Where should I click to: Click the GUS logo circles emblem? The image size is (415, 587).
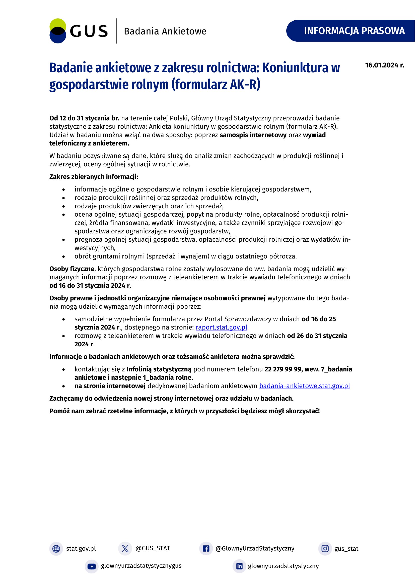[58, 31]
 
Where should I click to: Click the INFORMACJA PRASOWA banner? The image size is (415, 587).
[354, 31]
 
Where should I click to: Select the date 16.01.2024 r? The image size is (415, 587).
[385, 65]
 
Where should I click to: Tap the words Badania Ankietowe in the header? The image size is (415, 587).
[165, 31]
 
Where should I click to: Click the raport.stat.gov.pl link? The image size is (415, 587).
[221, 327]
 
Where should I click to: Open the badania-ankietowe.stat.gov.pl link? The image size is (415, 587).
[305, 386]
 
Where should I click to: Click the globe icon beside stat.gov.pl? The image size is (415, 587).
[56, 549]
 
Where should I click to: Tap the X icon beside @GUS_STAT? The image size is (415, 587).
[125, 549]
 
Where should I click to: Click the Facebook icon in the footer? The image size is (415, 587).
[206, 549]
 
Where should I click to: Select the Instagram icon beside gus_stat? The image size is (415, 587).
[325, 549]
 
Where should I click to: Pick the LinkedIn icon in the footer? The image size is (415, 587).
[239, 566]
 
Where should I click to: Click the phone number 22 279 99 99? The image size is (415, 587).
[283, 369]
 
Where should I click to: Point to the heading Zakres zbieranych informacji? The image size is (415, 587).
[94, 177]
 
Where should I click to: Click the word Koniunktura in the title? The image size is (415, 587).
[295, 68]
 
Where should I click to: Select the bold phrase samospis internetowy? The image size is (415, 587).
[253, 135]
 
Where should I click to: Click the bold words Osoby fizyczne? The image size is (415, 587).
[72, 269]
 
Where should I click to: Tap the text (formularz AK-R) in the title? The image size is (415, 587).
[216, 85]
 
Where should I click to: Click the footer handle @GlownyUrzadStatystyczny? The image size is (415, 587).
[255, 548]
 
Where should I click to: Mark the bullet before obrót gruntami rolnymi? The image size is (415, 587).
[63, 257]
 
